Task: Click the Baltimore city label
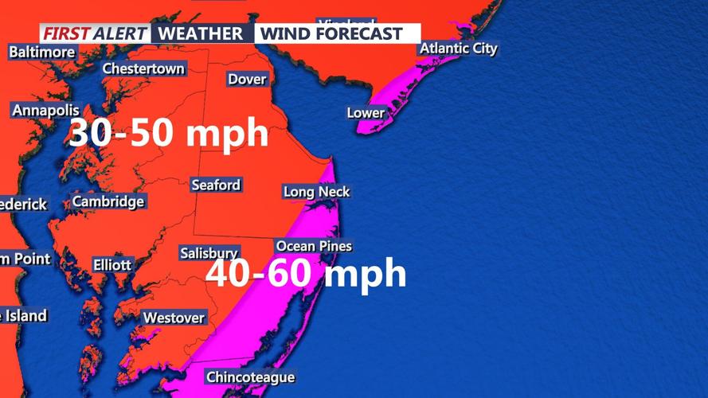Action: pos(42,53)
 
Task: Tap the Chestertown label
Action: pos(143,69)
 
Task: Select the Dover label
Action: pos(247,79)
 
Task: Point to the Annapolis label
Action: pos(45,111)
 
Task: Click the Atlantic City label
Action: pos(459,49)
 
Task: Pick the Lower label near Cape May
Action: pos(366,113)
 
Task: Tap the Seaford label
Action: pos(216,185)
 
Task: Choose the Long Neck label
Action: pos(316,192)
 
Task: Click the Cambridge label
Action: pos(108,201)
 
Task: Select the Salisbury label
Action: pos(209,253)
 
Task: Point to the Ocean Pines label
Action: pos(314,246)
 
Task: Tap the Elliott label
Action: pos(112,264)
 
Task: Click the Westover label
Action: pos(174,318)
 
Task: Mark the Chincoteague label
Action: pos(251,377)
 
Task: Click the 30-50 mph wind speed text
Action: pos(168,133)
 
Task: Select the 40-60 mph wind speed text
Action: pos(307,274)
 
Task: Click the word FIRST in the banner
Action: pos(65,33)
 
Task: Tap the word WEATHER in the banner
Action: pos(200,33)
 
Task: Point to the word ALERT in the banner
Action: pos(120,33)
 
